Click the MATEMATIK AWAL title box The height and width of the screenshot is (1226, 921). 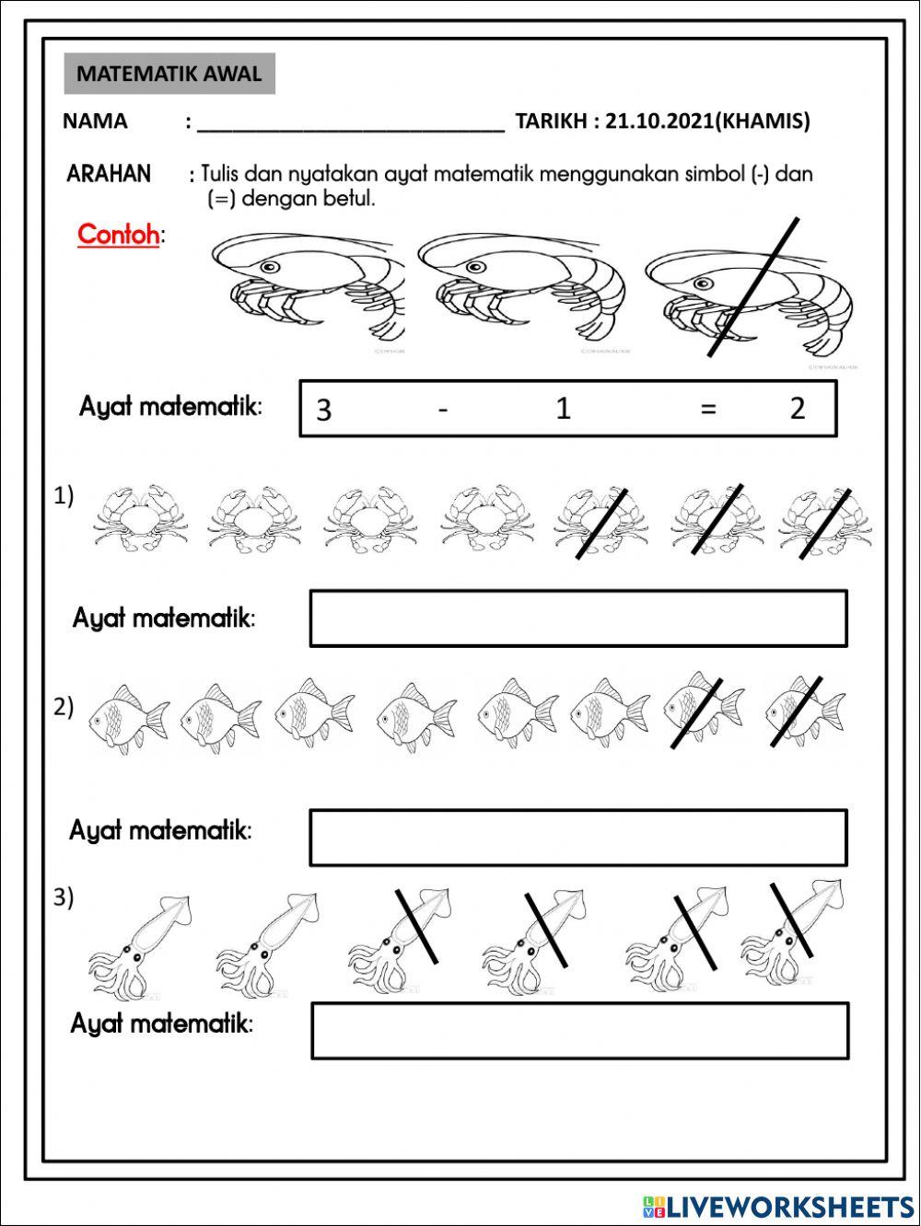(169, 75)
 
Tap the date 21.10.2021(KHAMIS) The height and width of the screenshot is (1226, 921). (707, 121)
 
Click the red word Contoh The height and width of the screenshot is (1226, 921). (118, 235)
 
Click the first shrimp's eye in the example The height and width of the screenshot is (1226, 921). (269, 267)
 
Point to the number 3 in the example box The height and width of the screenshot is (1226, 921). (323, 410)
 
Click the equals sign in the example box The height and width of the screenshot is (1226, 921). (707, 409)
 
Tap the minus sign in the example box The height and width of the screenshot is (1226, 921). (443, 409)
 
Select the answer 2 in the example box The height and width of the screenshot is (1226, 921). (798, 408)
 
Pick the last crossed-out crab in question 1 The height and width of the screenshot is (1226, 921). (824, 521)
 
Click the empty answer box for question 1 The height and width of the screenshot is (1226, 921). (578, 619)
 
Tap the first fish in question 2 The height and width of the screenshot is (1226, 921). (128, 718)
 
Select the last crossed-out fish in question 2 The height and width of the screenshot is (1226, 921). (804, 711)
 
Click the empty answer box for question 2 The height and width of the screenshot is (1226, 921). (578, 838)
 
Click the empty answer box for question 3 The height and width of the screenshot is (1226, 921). (580, 1031)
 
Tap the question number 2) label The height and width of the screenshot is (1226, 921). (64, 707)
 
